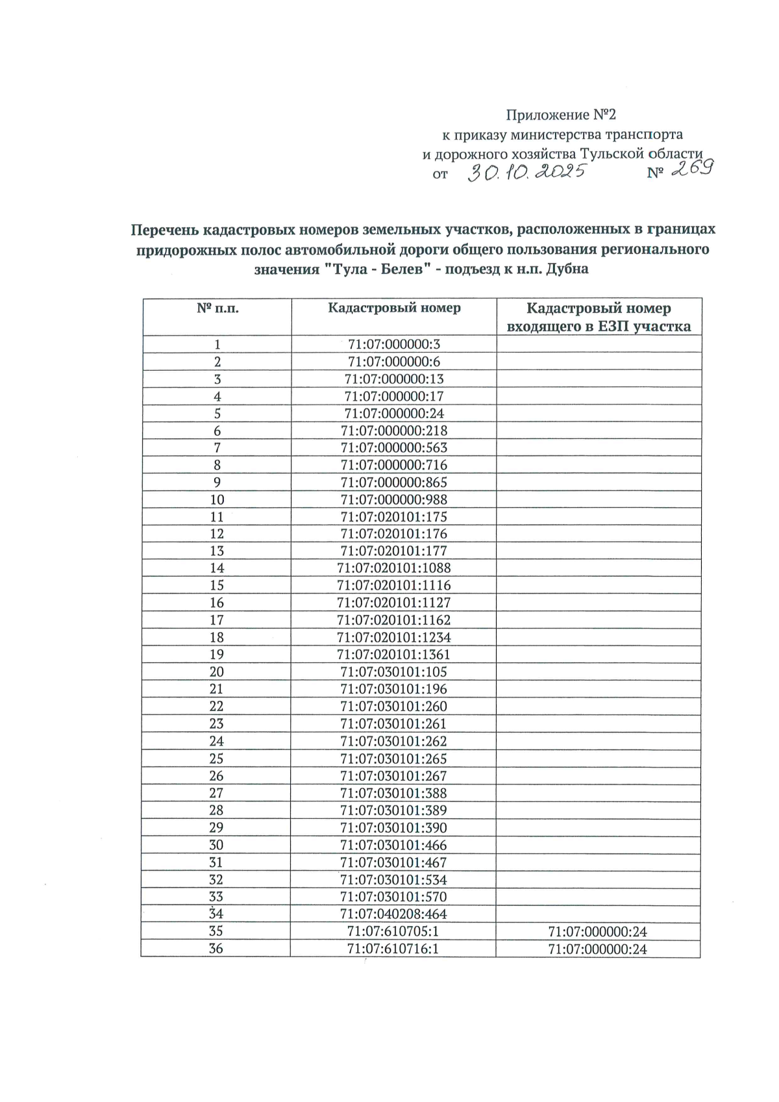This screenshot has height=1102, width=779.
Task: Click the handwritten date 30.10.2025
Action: (x=527, y=173)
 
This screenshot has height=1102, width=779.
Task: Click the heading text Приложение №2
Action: (x=561, y=116)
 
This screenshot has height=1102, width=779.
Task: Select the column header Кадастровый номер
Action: (x=394, y=308)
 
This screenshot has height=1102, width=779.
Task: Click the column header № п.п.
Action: (x=217, y=308)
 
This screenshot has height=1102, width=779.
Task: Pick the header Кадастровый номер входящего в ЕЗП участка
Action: (x=599, y=317)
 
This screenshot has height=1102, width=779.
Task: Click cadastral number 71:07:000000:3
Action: (x=394, y=344)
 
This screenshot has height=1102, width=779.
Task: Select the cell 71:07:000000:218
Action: (x=394, y=431)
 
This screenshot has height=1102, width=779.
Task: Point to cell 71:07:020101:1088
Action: (x=394, y=568)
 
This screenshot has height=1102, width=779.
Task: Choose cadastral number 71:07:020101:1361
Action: (x=394, y=655)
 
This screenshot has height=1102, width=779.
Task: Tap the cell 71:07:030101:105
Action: (x=394, y=672)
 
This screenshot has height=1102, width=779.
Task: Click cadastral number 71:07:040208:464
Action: (x=394, y=914)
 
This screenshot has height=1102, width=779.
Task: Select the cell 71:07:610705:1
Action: (x=394, y=932)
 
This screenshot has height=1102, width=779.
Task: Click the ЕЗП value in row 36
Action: (x=597, y=949)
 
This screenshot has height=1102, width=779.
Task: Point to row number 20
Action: (x=217, y=672)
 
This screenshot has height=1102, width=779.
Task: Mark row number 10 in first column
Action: (x=217, y=500)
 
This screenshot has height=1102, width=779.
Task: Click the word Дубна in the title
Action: (x=567, y=269)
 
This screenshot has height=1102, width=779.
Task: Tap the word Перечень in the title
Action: (x=165, y=229)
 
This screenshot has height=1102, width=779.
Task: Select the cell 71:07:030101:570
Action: (x=394, y=897)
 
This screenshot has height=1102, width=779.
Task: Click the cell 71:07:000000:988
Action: (x=394, y=500)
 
